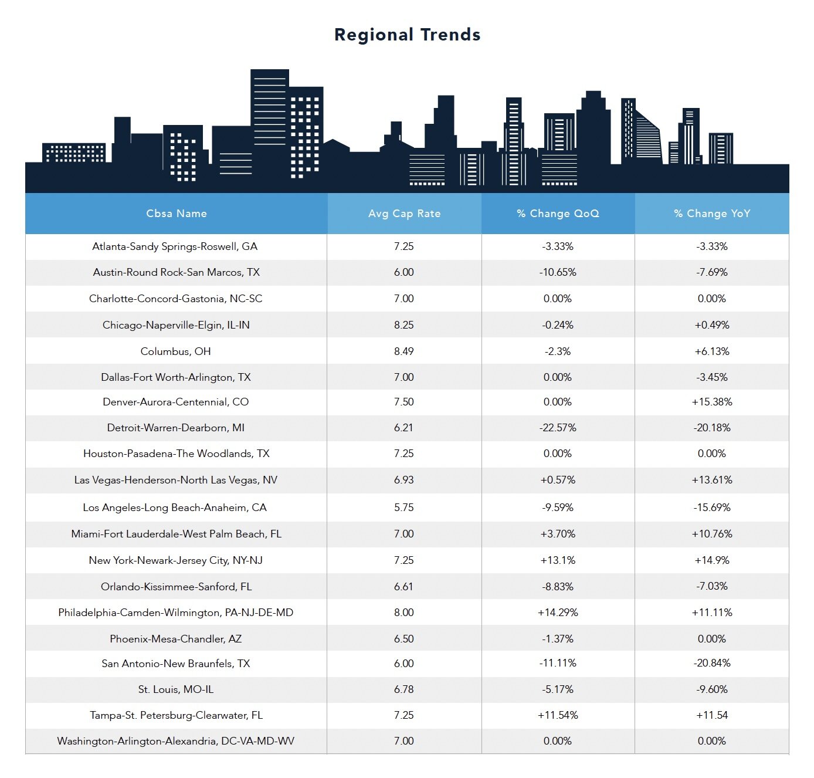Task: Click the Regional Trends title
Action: pos(407,35)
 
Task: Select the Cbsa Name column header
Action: pos(176,214)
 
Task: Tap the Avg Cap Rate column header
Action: pos(404,214)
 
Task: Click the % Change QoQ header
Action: pos(558,214)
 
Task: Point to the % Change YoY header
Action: pos(712,214)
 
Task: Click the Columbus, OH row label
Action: pos(175,351)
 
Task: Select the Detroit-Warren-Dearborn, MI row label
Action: pos(175,428)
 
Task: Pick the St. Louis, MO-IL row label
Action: pos(175,689)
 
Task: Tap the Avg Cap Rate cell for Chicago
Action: pos(404,325)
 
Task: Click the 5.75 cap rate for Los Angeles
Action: pos(404,508)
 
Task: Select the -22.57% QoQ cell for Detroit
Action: pos(558,428)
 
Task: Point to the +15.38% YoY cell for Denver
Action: pos(712,402)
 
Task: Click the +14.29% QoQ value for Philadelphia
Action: pos(558,613)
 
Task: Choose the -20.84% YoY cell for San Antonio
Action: pos(712,663)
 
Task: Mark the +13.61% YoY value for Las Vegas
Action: pos(712,480)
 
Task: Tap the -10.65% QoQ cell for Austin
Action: pos(558,272)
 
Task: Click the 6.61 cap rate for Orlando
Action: pos(404,587)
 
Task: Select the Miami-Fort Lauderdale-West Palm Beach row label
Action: pos(176,534)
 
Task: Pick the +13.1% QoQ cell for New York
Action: pos(558,560)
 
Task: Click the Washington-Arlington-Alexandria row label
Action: pos(175,741)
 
